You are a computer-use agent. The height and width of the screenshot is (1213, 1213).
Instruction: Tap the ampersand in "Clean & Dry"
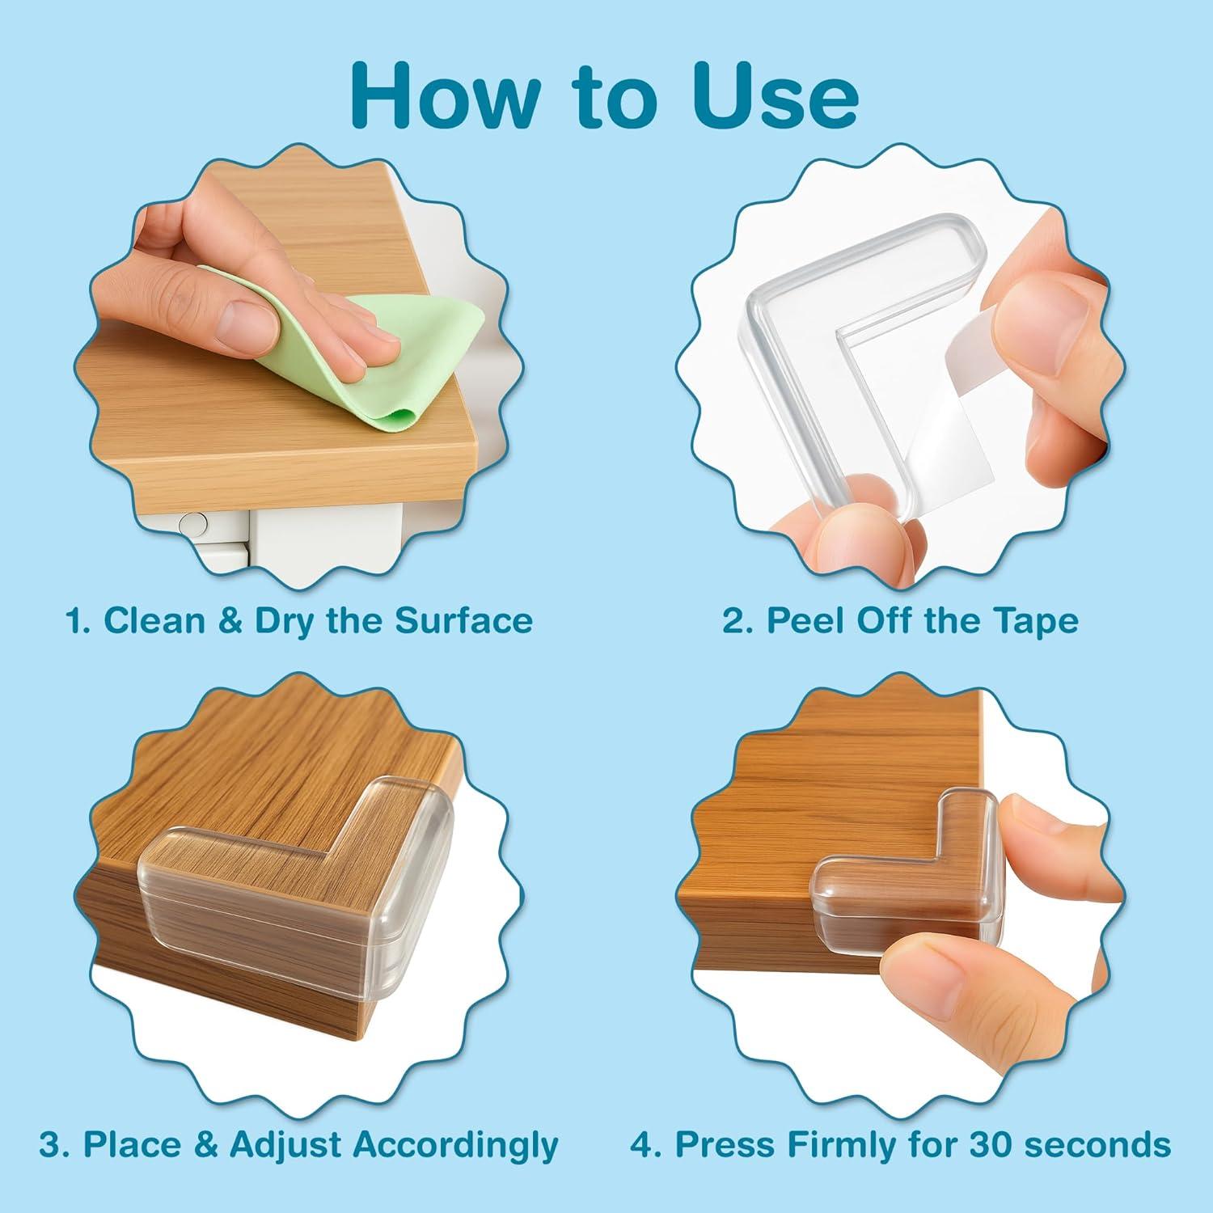(x=230, y=620)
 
